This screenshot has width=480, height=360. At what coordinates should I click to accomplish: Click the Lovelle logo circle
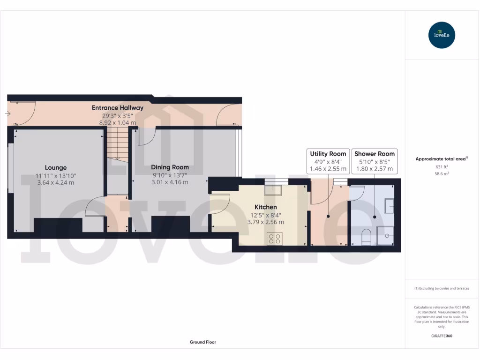(442, 35)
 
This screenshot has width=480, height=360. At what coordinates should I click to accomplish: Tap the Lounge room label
(56, 167)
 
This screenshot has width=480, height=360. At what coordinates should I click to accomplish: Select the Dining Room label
(170, 167)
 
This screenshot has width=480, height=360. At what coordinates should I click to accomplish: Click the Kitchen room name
(265, 207)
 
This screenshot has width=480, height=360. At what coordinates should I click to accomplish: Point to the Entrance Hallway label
(118, 108)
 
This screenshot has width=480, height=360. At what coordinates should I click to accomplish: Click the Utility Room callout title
(328, 154)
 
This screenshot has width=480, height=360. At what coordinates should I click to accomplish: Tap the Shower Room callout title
(375, 154)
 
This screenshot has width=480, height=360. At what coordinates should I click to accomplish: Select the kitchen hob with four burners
(274, 239)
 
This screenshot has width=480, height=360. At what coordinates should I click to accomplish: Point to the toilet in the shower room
(367, 236)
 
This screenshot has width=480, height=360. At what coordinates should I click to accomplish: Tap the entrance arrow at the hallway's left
(8, 113)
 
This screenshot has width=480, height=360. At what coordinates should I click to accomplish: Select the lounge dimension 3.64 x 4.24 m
(55, 182)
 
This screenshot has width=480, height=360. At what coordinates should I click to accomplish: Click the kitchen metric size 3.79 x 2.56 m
(265, 222)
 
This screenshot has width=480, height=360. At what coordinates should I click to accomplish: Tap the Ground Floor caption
(203, 342)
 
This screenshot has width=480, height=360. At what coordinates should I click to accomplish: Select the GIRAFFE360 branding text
(441, 336)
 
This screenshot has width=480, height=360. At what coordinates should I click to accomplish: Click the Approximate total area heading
(441, 159)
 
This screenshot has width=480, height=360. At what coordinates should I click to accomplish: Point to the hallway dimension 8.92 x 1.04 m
(118, 122)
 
